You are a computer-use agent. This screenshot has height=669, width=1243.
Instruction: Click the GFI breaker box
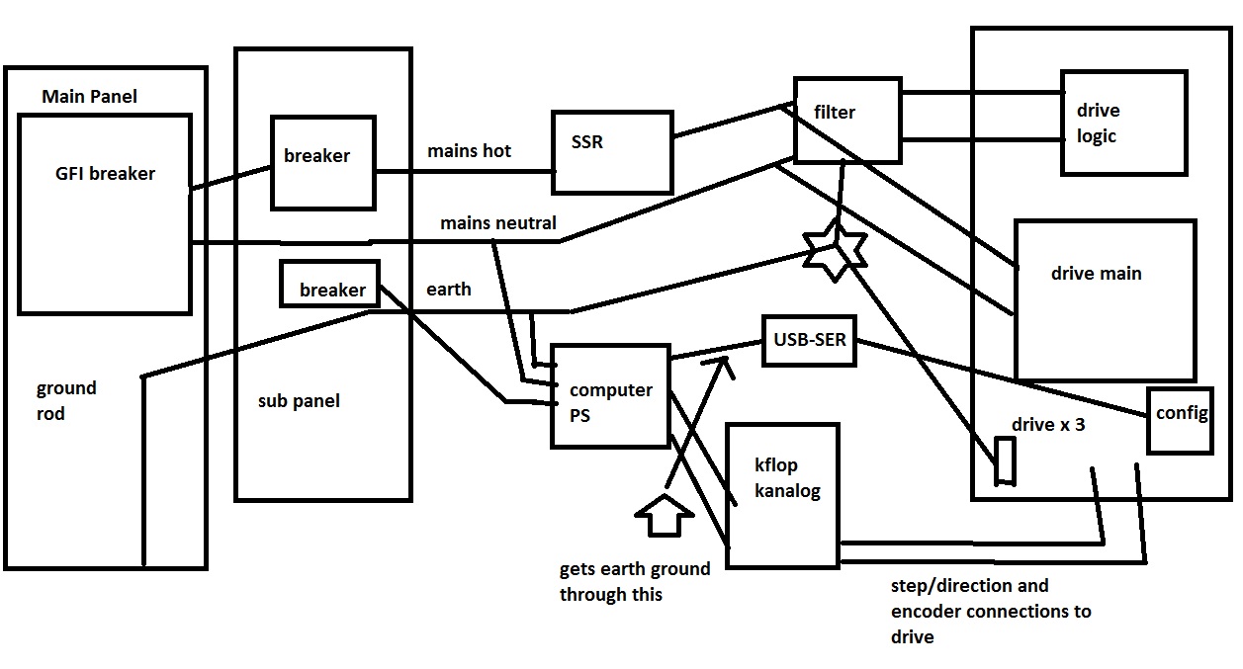(x=105, y=213)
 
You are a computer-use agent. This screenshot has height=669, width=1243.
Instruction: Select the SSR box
(x=611, y=151)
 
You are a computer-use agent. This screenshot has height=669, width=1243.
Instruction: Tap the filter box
(x=846, y=121)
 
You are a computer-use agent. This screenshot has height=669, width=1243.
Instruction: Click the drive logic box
(x=1123, y=123)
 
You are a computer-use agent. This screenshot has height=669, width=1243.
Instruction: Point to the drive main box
(x=1105, y=299)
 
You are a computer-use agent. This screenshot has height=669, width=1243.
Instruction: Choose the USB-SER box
(x=806, y=341)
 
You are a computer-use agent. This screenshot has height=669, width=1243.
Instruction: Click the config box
(x=1180, y=419)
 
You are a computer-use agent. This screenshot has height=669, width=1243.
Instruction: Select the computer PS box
(x=610, y=395)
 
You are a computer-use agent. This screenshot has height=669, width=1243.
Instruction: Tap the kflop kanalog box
(x=782, y=494)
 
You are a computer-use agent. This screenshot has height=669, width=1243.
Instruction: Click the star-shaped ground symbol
(x=834, y=252)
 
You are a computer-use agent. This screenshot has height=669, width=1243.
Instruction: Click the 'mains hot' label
(x=470, y=151)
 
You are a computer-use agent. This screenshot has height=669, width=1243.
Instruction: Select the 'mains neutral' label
(x=498, y=223)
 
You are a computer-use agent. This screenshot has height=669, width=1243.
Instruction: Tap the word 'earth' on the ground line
(x=449, y=290)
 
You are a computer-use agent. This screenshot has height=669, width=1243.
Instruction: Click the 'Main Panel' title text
(x=89, y=96)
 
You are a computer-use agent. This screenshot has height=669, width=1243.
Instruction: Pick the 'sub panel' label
(x=299, y=401)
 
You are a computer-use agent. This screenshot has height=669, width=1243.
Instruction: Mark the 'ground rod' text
(x=66, y=400)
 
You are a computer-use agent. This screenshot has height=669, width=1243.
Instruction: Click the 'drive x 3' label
(x=1048, y=425)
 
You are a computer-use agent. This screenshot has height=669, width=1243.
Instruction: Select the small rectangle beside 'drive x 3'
(x=1006, y=460)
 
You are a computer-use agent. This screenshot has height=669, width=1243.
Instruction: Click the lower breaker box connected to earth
(x=329, y=283)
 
